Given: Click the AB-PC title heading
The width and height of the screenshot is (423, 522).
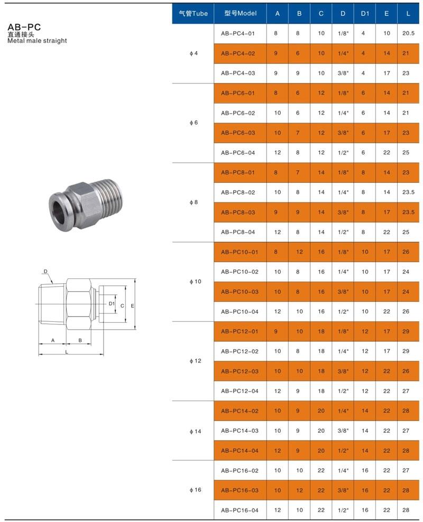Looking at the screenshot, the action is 24,27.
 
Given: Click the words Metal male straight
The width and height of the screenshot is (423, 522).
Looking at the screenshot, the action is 37,41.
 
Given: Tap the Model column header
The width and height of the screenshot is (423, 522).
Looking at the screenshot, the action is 241,13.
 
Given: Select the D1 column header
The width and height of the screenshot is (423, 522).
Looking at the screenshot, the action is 365,13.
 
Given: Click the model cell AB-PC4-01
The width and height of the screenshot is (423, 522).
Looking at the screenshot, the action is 238,33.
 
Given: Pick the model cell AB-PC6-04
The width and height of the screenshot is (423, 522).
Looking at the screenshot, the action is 238,153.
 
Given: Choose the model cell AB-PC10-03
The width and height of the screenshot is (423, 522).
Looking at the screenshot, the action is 240,292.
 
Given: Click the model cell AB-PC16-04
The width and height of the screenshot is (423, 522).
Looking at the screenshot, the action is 240,510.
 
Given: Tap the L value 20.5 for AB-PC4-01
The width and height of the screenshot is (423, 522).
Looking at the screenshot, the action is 408,33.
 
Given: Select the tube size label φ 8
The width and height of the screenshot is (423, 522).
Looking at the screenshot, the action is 194,202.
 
